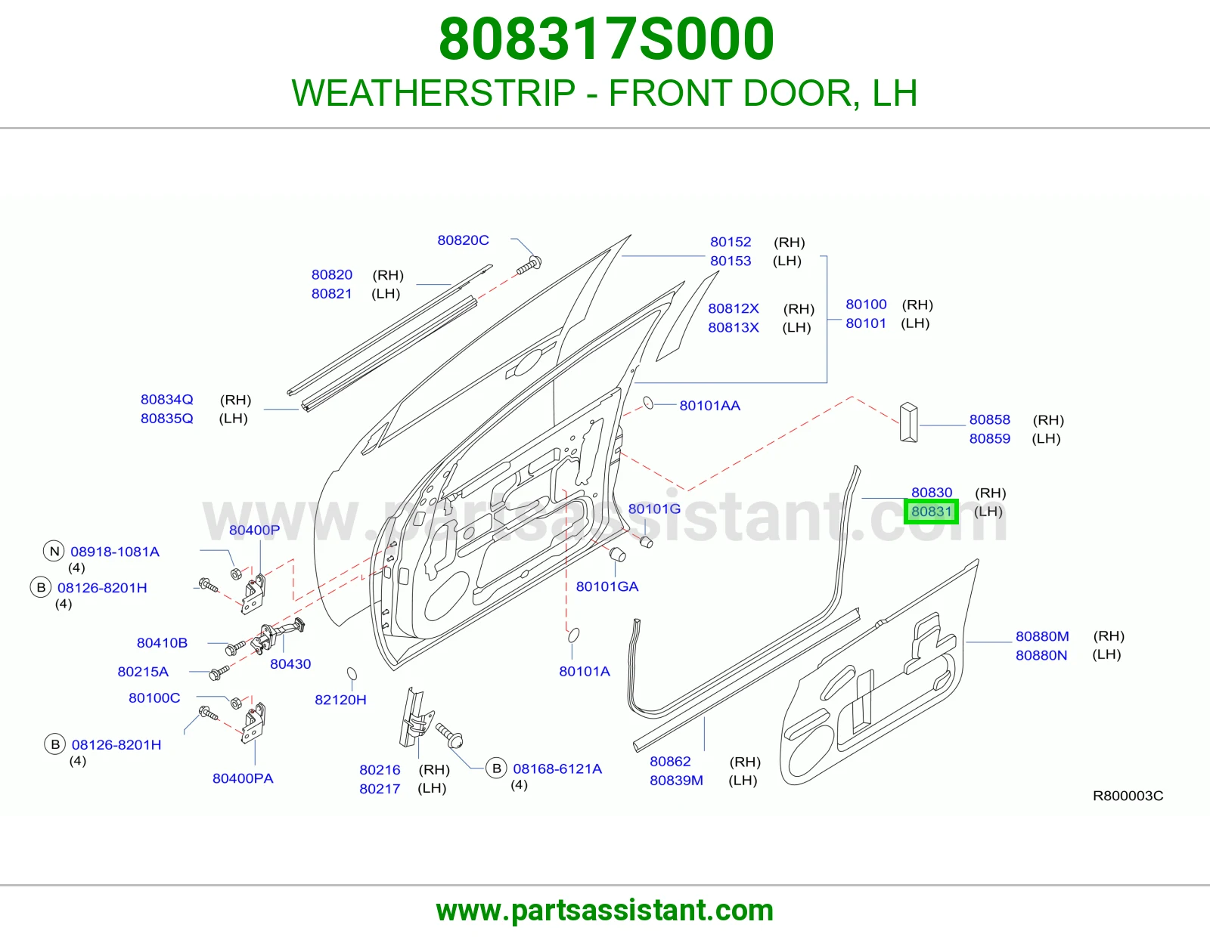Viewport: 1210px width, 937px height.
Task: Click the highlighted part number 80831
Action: tap(931, 512)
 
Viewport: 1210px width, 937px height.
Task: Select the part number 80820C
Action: tap(464, 240)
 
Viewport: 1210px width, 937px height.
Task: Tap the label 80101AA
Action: tap(710, 406)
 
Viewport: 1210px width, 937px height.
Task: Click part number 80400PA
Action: tap(243, 778)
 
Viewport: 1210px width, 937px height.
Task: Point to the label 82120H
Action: tap(341, 700)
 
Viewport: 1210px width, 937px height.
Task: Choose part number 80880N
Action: tap(1041, 655)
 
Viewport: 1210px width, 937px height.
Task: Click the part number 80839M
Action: tap(677, 781)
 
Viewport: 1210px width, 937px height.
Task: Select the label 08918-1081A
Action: tap(115, 552)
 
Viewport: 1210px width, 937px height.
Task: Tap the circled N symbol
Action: tap(54, 552)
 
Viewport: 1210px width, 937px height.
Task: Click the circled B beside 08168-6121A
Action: tap(496, 769)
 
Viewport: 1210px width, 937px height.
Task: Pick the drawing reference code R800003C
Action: tap(1128, 796)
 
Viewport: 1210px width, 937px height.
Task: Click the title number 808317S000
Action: tap(607, 39)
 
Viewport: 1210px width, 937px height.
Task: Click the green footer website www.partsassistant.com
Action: tap(605, 911)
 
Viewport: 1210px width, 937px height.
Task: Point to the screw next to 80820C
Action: tap(529, 264)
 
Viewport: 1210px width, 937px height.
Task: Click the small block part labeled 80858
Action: tap(909, 423)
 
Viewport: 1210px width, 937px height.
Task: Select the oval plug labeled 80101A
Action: tap(573, 635)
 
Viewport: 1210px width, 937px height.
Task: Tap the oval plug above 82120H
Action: tap(352, 674)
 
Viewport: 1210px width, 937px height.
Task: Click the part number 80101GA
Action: tap(607, 586)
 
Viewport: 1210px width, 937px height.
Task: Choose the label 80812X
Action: tap(734, 309)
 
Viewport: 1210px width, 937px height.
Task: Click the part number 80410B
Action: tap(162, 643)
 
